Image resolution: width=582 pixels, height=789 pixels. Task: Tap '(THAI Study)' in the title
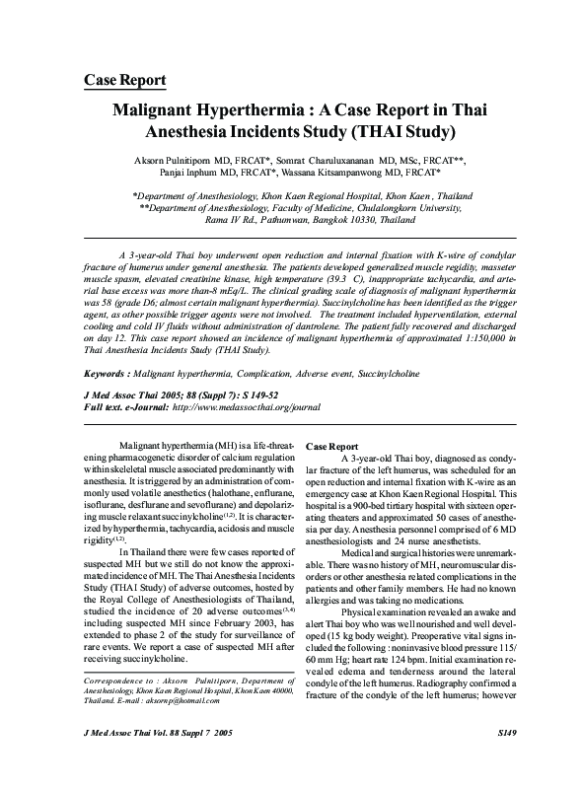tap(404, 130)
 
